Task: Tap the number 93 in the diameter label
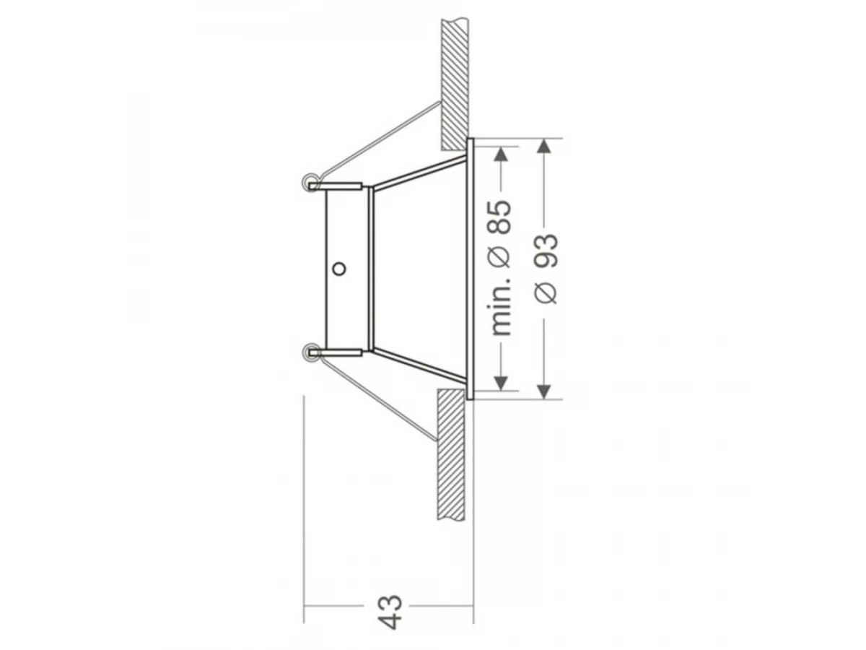tap(547, 251)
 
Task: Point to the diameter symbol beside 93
tap(546, 292)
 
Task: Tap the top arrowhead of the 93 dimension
tap(544, 147)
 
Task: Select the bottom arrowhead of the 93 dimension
tap(544, 391)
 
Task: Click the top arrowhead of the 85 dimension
tap(501, 154)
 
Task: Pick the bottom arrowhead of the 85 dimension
tap(501, 383)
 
